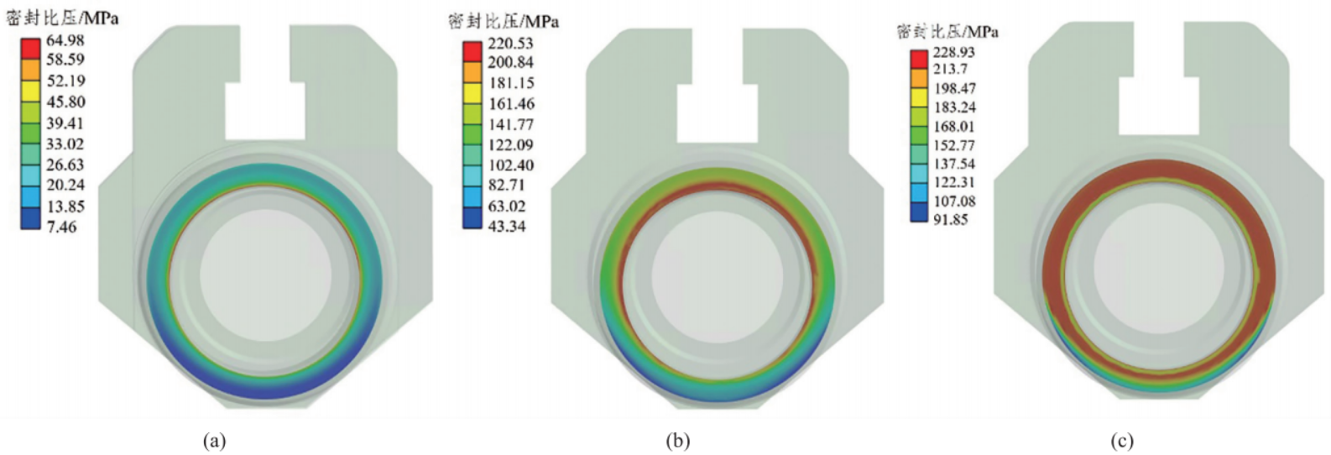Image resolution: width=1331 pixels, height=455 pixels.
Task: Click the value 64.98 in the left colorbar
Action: [x=65, y=40]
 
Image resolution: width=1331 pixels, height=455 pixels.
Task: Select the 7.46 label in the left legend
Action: [x=62, y=227]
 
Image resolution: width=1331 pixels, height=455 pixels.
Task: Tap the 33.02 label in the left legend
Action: [x=65, y=144]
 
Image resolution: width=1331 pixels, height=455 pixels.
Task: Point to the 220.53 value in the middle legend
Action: [x=510, y=44]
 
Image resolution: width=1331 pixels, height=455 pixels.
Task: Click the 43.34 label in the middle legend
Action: [x=506, y=226]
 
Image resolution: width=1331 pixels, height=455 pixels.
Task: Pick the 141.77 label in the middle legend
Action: [x=511, y=124]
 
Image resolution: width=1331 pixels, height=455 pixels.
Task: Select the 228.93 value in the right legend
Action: [x=953, y=52]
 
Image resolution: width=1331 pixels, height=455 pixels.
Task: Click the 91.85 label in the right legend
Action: [x=949, y=219]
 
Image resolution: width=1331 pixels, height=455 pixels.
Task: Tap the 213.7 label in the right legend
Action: [x=949, y=69]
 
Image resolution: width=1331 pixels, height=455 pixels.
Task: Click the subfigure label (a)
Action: [x=215, y=442]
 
